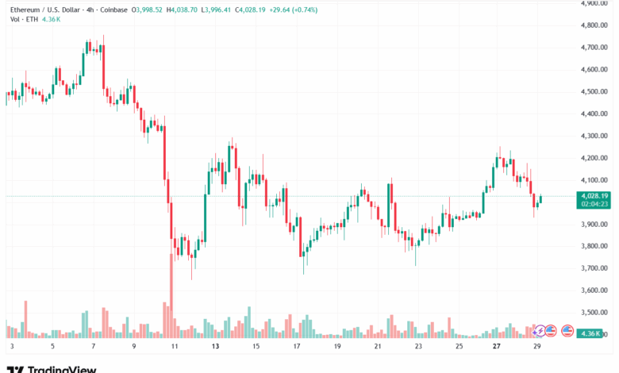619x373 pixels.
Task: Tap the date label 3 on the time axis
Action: [x=11, y=346]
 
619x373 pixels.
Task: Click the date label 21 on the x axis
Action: [x=379, y=346]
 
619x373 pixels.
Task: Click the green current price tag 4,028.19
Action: [x=594, y=195]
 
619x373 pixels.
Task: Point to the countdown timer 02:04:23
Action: [x=594, y=204]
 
